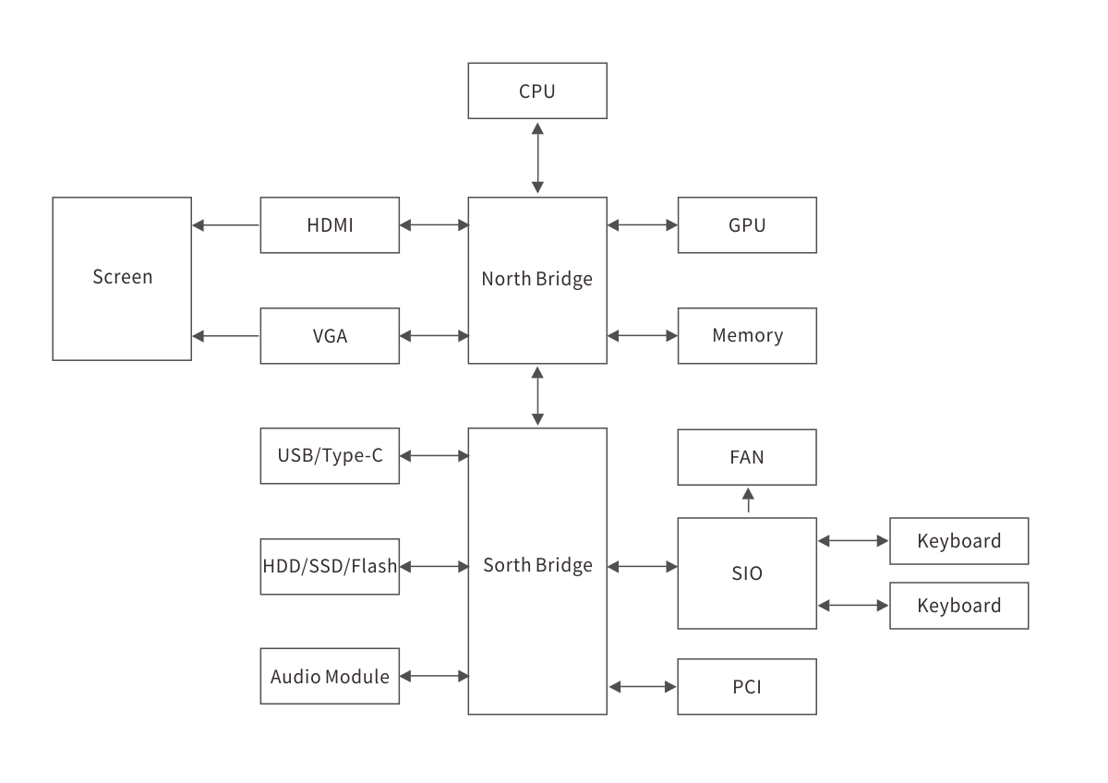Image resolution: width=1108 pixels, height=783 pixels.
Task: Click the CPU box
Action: point(537,90)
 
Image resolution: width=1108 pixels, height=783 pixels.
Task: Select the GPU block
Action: point(747,224)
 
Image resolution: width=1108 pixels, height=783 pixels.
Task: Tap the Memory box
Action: point(747,335)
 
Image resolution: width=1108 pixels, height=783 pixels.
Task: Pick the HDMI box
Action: point(330,224)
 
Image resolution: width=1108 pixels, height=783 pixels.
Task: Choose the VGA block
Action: point(330,335)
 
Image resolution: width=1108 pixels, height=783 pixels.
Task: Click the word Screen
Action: point(122,277)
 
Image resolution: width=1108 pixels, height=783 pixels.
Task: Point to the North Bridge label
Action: point(537,279)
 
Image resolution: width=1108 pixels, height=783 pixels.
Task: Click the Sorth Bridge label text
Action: point(537,565)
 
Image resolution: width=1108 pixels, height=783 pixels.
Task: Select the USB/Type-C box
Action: point(330,455)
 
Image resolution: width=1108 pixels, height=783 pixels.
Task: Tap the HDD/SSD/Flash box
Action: point(330,566)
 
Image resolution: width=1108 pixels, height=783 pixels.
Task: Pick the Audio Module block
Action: point(330,677)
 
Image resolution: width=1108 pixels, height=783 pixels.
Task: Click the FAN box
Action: point(747,456)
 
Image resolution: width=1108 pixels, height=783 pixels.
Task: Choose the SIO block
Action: point(747,573)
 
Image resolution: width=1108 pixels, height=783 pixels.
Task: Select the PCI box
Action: point(747,686)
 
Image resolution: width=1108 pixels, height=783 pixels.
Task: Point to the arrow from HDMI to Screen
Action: point(226,224)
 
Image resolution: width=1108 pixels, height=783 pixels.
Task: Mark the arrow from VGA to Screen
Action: point(226,335)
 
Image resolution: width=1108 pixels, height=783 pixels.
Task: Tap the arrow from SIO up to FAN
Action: point(748,500)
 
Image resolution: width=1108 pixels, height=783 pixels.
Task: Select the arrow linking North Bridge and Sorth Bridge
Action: point(537,395)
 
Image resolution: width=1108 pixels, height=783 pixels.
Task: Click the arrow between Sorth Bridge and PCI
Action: point(643,686)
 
